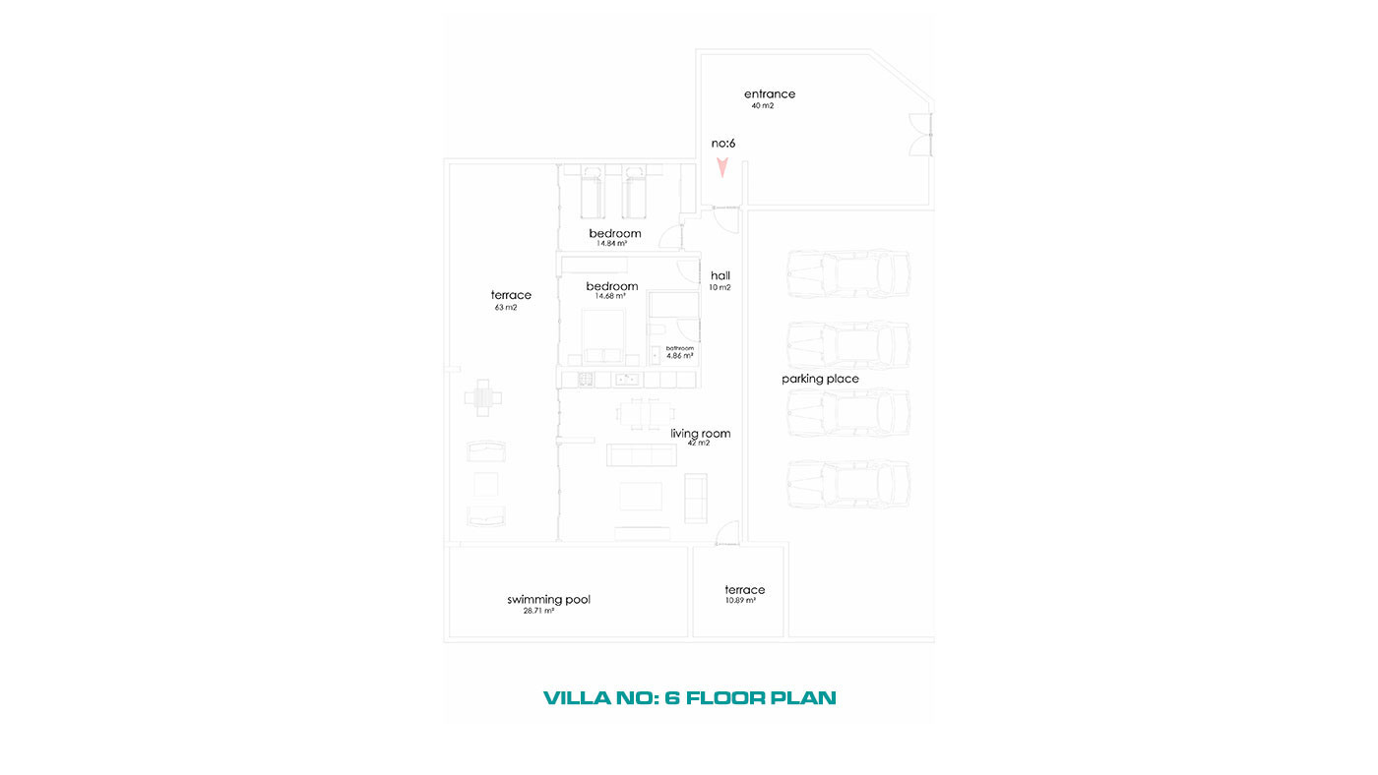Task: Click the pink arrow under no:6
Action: coord(722,167)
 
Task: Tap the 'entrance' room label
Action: coord(770,94)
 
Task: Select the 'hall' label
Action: coord(720,275)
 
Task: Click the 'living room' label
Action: coord(701,434)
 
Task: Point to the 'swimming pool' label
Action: coord(549,599)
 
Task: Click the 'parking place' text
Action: coord(820,379)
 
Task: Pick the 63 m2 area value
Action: coord(506,307)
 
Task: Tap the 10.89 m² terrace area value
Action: coord(740,601)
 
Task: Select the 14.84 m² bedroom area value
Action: coord(611,243)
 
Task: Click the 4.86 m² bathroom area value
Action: coord(680,356)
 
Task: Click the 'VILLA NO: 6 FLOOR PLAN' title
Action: coord(690,697)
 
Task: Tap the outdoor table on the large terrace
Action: coord(483,397)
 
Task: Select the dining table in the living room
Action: coord(646,414)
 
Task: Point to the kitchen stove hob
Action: coord(585,380)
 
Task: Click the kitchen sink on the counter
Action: coord(627,380)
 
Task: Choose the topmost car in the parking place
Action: coord(848,273)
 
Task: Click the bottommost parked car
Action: coord(848,484)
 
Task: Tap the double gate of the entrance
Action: coord(921,134)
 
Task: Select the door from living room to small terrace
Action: coord(727,533)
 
